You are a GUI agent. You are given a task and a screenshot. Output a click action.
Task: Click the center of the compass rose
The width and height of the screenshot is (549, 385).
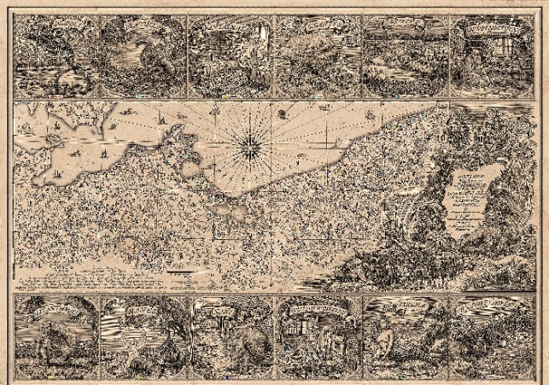point(252,148)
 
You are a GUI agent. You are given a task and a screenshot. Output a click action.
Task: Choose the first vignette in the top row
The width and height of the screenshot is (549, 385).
point(55,54)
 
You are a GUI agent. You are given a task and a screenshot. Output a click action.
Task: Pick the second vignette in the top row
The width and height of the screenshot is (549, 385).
point(143,54)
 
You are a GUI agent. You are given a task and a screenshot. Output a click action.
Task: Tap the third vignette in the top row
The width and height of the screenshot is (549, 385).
point(230,54)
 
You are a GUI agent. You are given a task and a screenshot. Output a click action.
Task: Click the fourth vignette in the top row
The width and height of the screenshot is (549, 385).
point(318,54)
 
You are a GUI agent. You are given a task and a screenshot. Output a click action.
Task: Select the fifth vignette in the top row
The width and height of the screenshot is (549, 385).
point(405,54)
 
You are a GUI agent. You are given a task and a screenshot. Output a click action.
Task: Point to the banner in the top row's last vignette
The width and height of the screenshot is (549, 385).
point(493,30)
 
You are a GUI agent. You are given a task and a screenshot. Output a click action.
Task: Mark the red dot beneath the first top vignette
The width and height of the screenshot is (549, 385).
point(50,96)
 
